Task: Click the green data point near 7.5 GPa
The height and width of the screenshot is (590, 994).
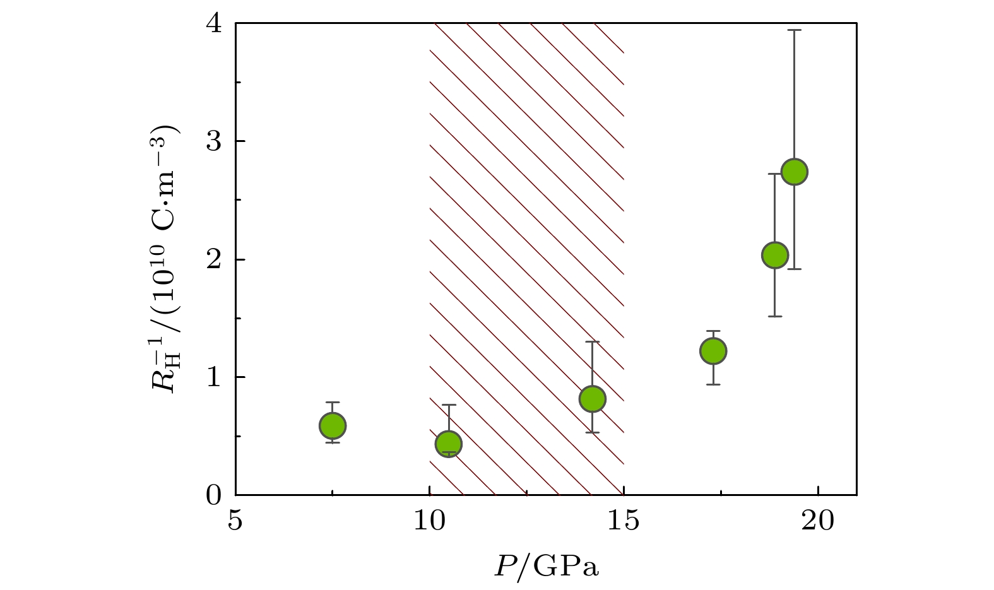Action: tap(333, 426)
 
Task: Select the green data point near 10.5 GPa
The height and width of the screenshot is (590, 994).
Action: tap(449, 444)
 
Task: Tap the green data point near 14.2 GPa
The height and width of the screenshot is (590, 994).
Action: tap(592, 398)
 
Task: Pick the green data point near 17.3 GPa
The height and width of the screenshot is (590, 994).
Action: tap(713, 351)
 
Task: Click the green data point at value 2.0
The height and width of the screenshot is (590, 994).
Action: tap(775, 255)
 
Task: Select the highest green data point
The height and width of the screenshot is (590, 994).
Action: tap(795, 172)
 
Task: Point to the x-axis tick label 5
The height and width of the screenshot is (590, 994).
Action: tap(235, 522)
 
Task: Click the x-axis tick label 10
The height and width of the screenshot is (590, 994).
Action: tap(429, 522)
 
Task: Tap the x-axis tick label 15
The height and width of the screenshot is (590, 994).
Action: tap(624, 522)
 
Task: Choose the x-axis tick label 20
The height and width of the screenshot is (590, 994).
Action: tap(818, 522)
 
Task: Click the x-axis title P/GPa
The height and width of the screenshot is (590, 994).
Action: tap(547, 567)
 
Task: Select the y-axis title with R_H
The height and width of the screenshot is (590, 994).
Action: tap(166, 259)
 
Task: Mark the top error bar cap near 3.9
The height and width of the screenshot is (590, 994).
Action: tap(795, 30)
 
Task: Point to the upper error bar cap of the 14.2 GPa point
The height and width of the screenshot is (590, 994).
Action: tap(592, 341)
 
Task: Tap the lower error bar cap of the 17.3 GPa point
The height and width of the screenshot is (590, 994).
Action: tap(713, 384)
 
